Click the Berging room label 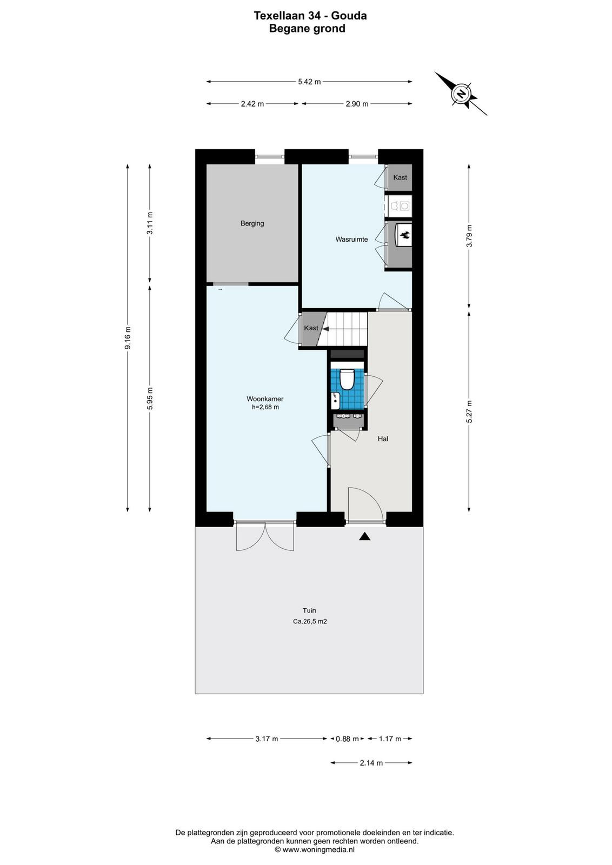tap(252, 223)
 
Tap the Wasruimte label tap(351, 239)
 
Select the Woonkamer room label tap(265, 399)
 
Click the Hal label tap(383, 438)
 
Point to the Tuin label tap(309, 610)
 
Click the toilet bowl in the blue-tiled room tap(347, 378)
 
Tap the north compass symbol tap(461, 94)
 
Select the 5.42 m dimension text tap(309, 82)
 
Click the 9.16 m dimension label tap(128, 338)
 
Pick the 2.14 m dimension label tap(371, 763)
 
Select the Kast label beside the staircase tap(311, 328)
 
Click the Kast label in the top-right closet tap(400, 177)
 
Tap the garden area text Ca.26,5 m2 tap(310, 622)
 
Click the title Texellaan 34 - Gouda tap(310, 16)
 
